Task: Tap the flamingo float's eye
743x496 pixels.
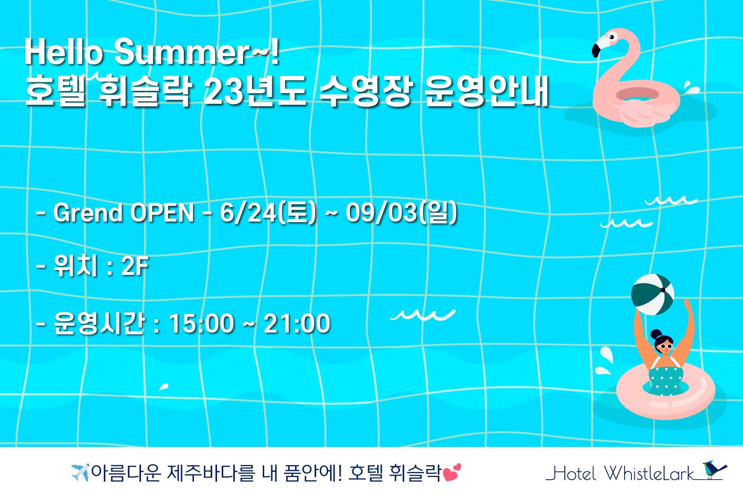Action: pyautogui.click(x=612, y=37)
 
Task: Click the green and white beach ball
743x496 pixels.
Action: pyautogui.click(x=653, y=294)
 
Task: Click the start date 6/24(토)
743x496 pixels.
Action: pyautogui.click(x=268, y=212)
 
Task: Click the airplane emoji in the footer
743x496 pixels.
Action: pyautogui.click(x=79, y=472)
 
